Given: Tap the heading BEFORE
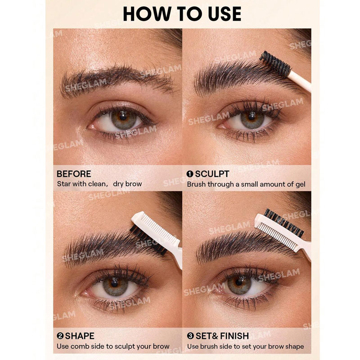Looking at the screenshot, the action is click(x=74, y=174).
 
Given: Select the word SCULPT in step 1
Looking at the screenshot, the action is click(x=212, y=174).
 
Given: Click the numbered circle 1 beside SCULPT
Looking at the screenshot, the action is click(x=190, y=174).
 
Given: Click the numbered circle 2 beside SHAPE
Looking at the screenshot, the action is click(x=60, y=336).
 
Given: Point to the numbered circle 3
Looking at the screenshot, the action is click(x=190, y=336).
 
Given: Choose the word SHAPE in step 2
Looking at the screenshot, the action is click(x=80, y=336).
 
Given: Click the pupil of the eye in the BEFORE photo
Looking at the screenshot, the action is click(x=123, y=117).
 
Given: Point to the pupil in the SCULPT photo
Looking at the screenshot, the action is click(x=252, y=117).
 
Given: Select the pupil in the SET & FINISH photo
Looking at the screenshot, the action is click(x=239, y=282).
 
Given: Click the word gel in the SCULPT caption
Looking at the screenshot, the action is click(x=300, y=184).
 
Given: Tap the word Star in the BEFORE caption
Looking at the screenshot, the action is click(x=64, y=184).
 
